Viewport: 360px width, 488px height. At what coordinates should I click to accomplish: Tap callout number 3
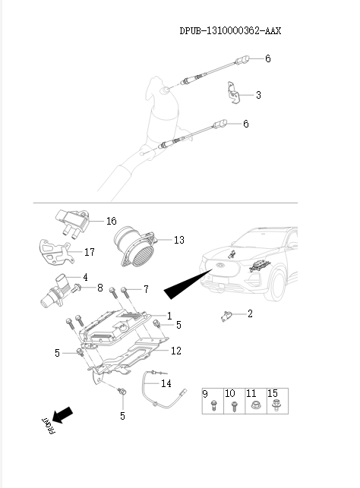coord(258,95)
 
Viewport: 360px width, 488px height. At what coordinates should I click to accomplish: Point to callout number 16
coord(111,221)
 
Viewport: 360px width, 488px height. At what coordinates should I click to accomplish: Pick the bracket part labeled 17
coord(56,253)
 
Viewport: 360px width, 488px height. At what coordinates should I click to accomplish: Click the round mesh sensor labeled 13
coord(134,247)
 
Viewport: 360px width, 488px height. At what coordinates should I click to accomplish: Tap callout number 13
coord(178,240)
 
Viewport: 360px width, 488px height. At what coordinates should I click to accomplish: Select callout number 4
coord(85,278)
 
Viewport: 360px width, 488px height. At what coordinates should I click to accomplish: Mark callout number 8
coord(99,288)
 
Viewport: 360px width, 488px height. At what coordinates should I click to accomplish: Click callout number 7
coord(146,289)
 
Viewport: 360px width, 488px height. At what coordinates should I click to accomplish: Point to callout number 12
coord(175,351)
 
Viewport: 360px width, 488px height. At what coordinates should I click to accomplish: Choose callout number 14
coord(166,383)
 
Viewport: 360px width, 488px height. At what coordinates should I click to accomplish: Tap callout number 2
coord(250,313)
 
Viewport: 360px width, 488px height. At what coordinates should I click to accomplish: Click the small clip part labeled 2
coord(226,315)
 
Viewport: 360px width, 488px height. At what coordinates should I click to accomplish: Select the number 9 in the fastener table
coord(205,394)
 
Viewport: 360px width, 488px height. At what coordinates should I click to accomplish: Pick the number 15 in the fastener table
coord(273,394)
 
